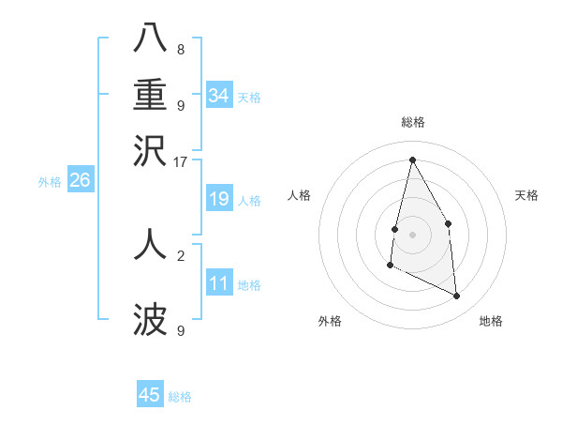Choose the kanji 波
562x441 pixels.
click(x=151, y=320)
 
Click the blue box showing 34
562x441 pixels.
click(x=218, y=96)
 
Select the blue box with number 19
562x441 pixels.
click(x=218, y=199)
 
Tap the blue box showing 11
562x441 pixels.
click(x=218, y=283)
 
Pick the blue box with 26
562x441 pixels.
click(x=80, y=180)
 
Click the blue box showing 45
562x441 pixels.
click(x=150, y=395)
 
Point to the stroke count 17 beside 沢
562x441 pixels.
click(x=181, y=160)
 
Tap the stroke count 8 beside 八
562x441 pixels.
click(x=181, y=50)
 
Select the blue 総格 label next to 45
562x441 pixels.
click(x=180, y=397)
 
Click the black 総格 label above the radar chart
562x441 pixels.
click(x=412, y=122)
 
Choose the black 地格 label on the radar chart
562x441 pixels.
click(x=491, y=322)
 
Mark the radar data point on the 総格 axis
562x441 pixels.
click(x=412, y=160)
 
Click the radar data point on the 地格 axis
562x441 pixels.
click(x=457, y=296)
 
